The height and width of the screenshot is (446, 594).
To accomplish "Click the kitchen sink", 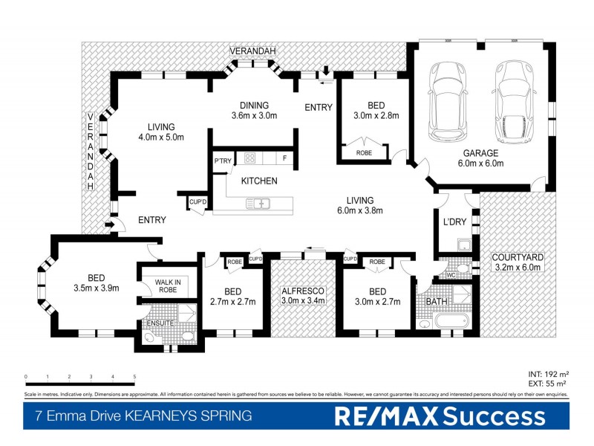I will (x=261, y=203).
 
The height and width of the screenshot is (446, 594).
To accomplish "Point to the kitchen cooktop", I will (x=249, y=158).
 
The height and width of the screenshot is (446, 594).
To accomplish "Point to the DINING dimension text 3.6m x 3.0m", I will (x=254, y=116).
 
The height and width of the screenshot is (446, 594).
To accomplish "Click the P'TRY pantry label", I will (x=223, y=161).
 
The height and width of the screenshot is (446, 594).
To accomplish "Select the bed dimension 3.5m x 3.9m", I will (x=97, y=288).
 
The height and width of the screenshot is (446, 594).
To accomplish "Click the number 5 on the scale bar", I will (x=134, y=378).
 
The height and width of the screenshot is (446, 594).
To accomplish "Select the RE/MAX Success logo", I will (x=439, y=416).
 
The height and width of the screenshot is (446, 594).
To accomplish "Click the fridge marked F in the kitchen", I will (x=284, y=158).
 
